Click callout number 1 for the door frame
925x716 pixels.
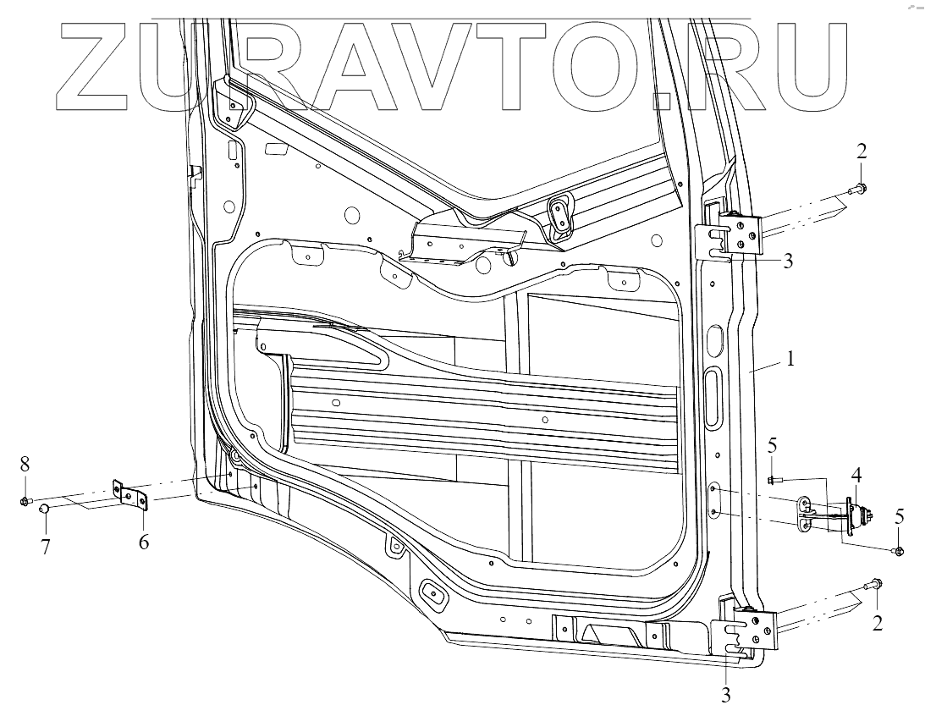pyautogui.click(x=790, y=359)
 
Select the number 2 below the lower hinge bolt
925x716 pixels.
pyautogui.click(x=878, y=625)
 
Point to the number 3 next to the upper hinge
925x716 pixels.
pyautogui.click(x=788, y=261)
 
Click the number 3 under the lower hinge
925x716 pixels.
pyautogui.click(x=726, y=697)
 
